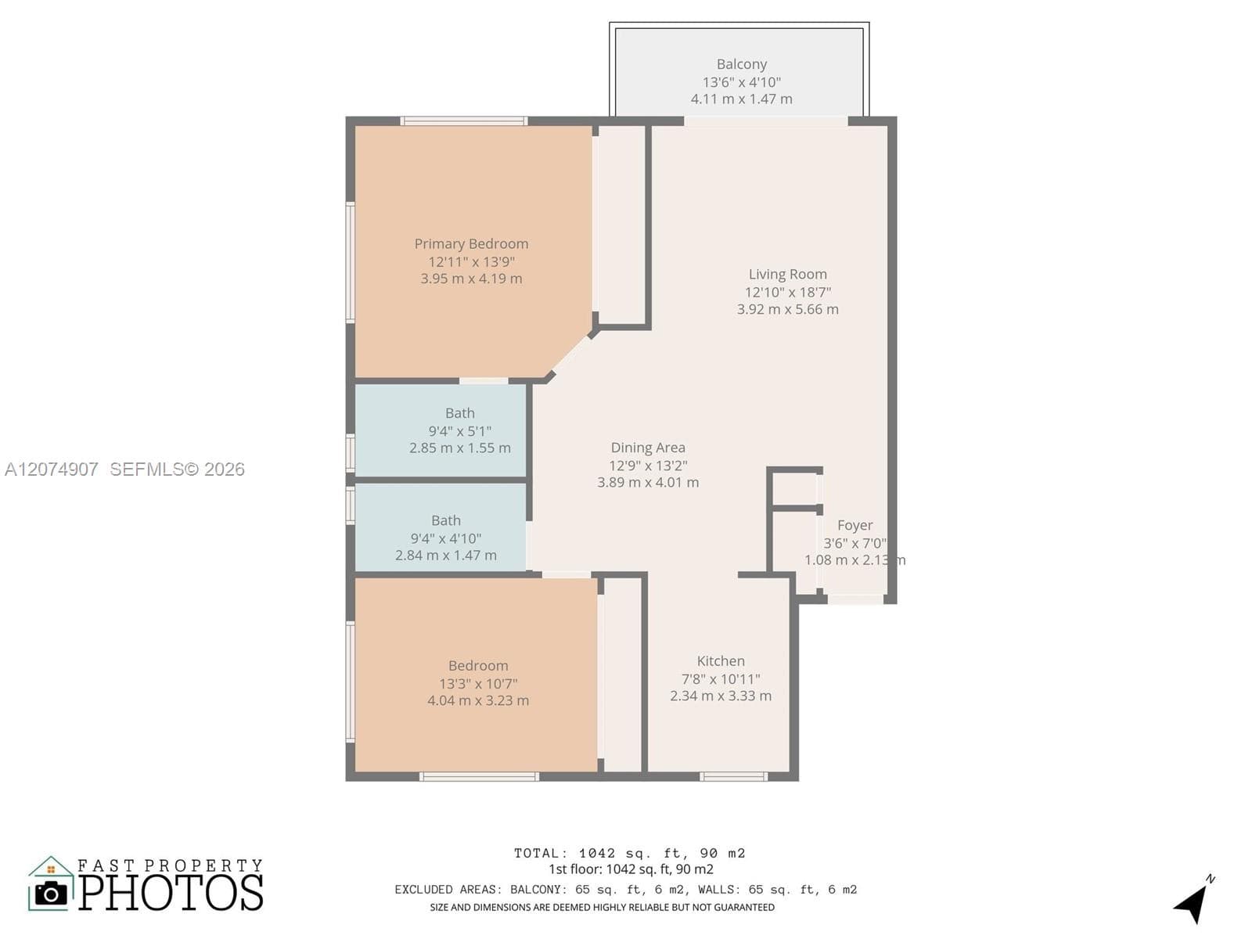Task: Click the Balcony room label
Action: pos(742,64)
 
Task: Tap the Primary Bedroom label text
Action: pos(471,244)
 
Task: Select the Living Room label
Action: pos(787,275)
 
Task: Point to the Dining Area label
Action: pos(648,448)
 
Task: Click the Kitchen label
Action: pos(721,660)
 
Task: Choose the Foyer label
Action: pos(854,526)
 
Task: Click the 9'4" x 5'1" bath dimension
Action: pos(460,431)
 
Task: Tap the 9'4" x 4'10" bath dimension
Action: pos(445,538)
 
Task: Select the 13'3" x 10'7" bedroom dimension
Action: pos(478,684)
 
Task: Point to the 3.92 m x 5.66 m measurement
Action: pos(787,310)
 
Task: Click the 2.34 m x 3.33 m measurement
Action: pos(721,696)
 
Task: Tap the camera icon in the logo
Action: pos(51,894)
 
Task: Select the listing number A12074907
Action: pos(52,469)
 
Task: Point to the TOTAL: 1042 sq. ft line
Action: pos(630,854)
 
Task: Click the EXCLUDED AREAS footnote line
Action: pos(626,890)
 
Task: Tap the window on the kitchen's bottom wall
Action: pos(733,776)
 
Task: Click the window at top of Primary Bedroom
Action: pos(464,121)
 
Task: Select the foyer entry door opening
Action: pos(855,599)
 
